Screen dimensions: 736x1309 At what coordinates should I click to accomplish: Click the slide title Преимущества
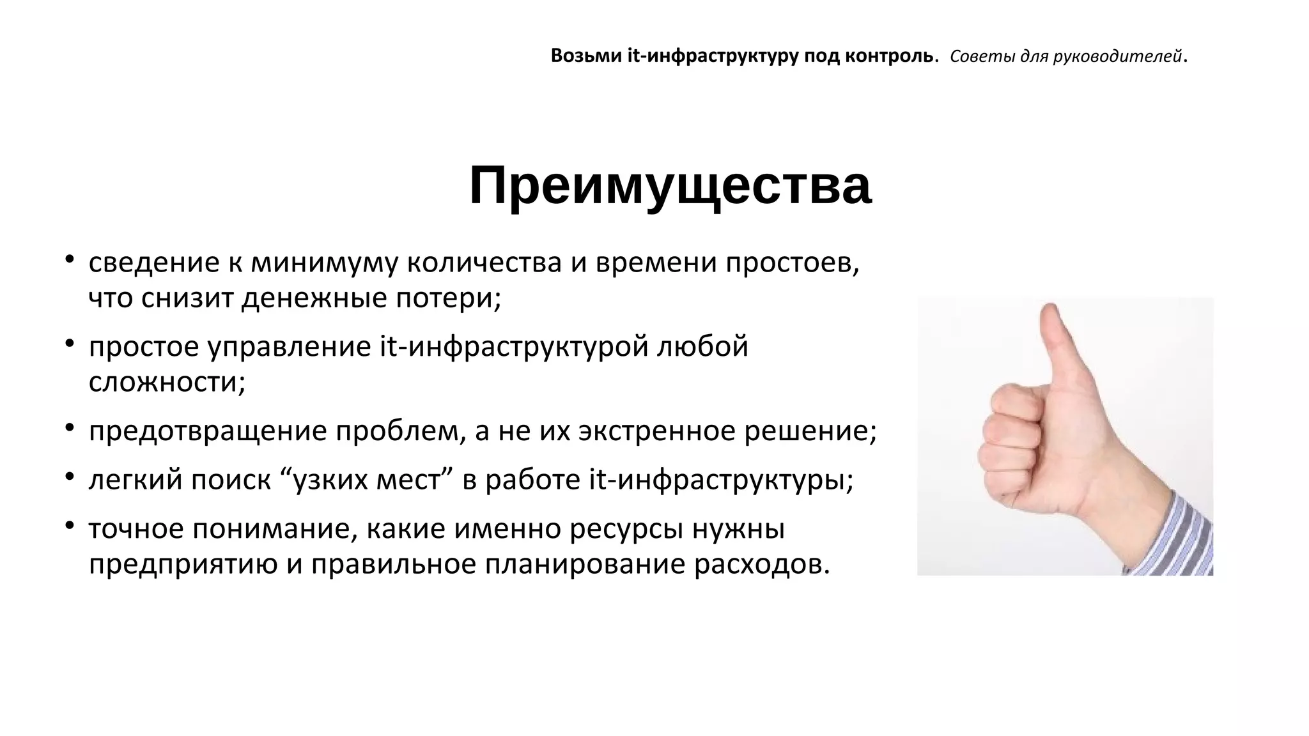pyautogui.click(x=670, y=186)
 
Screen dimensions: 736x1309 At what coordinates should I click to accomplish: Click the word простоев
pyautogui.click(x=792, y=263)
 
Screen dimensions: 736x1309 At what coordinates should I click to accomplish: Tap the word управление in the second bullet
pyautogui.click(x=289, y=348)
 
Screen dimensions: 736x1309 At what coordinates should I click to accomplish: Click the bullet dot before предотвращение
pyautogui.click(x=69, y=427)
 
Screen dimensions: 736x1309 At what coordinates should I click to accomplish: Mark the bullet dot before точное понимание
pyautogui.click(x=69, y=525)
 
